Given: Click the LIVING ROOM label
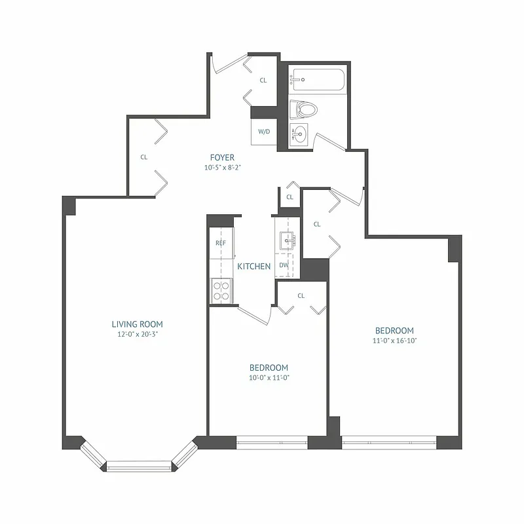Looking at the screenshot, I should point(137,324).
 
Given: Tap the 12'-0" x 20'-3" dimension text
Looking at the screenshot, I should point(137,334).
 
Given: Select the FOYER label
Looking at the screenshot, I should point(222,157).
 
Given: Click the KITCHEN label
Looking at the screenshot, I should point(254,267).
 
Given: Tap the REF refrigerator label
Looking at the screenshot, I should point(221,243).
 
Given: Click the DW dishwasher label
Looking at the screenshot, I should point(284,265).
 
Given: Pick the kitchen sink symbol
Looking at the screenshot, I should point(287,240).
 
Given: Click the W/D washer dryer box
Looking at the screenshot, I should point(264,132).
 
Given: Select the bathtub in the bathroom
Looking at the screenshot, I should point(316,81).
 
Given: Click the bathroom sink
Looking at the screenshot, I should point(300,135).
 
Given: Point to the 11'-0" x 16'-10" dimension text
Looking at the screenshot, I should point(394,341).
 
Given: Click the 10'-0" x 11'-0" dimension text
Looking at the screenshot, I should point(269,377).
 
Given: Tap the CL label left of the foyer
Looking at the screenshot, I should point(143,157).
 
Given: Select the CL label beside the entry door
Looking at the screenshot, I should point(263,81).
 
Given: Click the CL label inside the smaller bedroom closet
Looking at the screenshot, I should point(301,295).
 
